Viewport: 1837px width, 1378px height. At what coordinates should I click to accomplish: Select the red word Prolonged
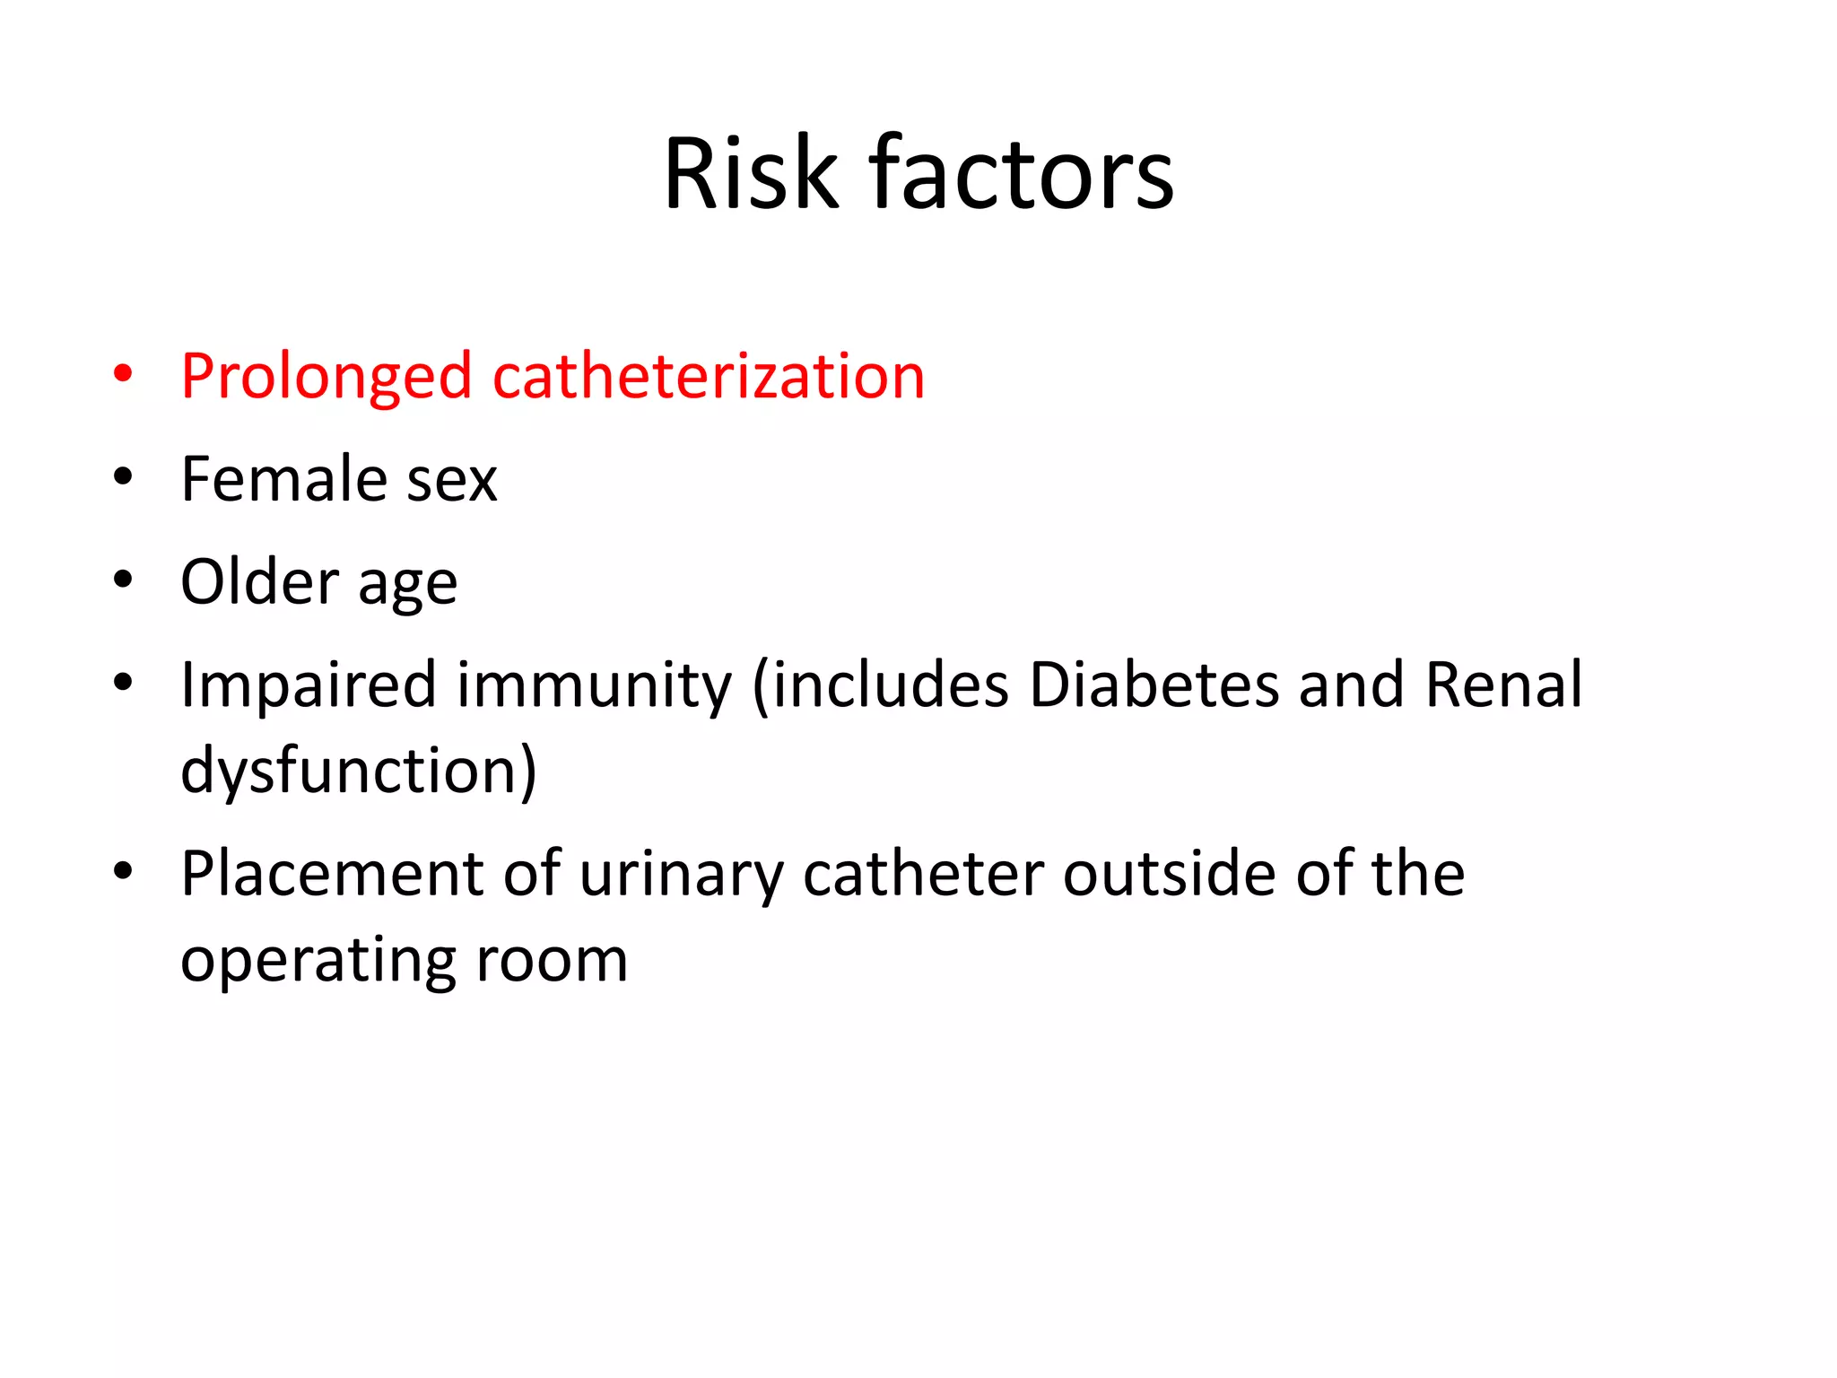[x=326, y=377]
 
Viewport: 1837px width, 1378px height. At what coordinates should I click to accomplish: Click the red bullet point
[x=123, y=374]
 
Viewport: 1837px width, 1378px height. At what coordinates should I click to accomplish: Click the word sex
[x=452, y=481]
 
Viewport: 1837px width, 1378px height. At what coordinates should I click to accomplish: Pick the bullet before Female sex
[x=123, y=477]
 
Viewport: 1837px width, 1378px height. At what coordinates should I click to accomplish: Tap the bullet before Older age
[x=123, y=580]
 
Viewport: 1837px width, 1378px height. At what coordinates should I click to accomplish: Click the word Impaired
[x=308, y=685]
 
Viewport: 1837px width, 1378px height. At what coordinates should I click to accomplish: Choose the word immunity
[x=595, y=685]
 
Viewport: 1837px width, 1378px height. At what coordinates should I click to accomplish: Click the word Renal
[x=1503, y=685]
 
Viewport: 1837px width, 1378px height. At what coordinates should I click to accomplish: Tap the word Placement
[x=332, y=874]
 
